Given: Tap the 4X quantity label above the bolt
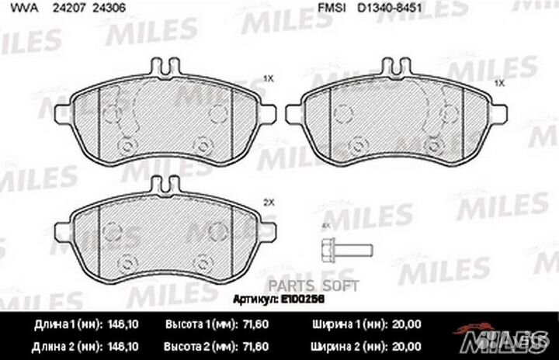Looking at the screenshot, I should pyautogui.click(x=325, y=224).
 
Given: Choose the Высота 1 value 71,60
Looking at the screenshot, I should pyautogui.click(x=255, y=324).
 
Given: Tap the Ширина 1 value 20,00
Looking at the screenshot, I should pyautogui.click(x=406, y=324).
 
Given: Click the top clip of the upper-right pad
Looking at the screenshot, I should pyautogui.click(x=397, y=67).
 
